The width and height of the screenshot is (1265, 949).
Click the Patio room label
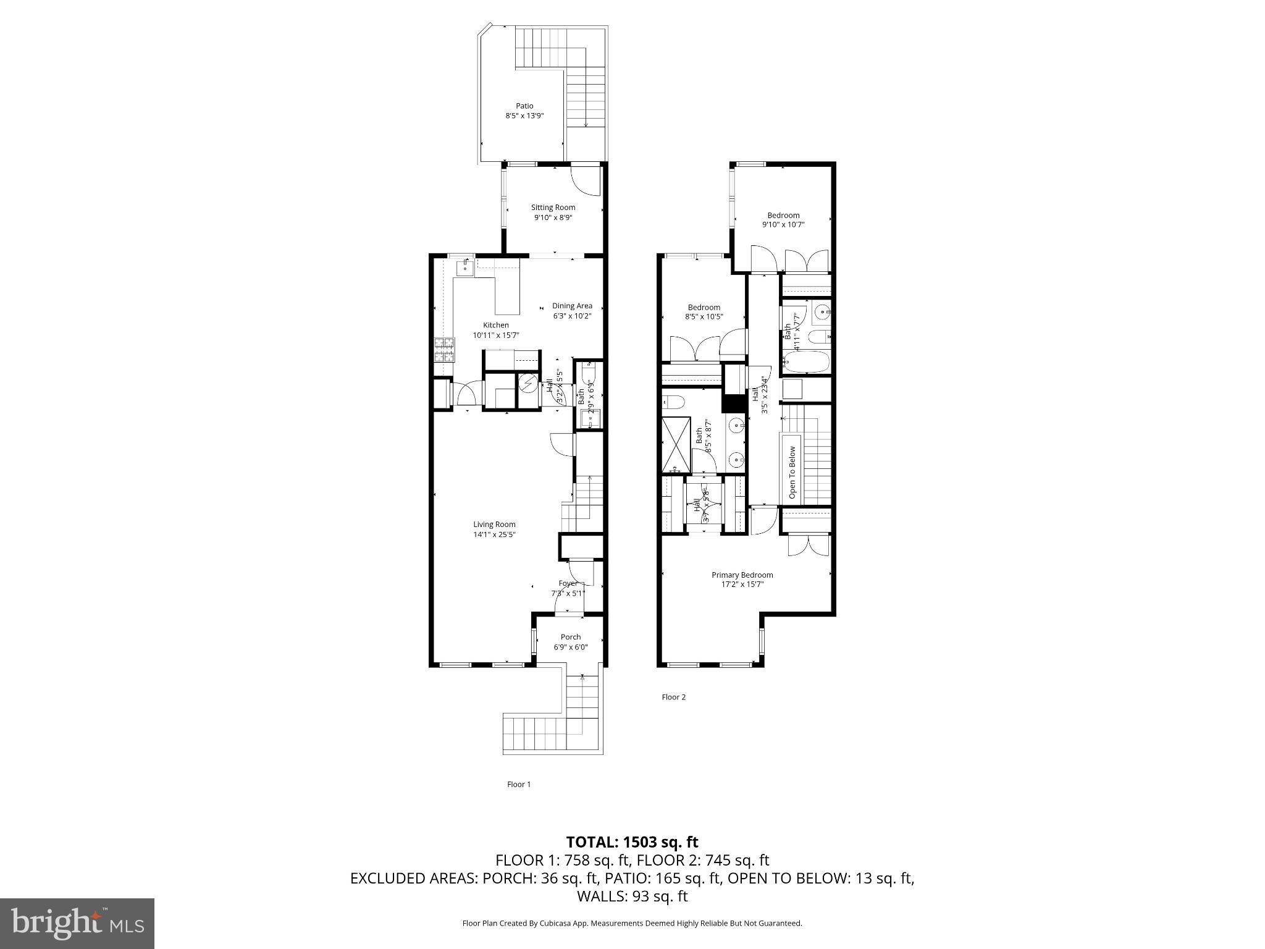click(x=524, y=106)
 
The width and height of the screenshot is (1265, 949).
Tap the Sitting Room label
click(x=553, y=208)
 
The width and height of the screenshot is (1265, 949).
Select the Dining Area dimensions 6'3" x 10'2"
click(x=571, y=316)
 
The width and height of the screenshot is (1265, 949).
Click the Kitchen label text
click(x=496, y=325)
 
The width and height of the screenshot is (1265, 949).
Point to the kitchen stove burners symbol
click(x=444, y=350)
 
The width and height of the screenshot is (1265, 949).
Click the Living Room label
click(x=494, y=525)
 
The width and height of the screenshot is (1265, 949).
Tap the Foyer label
click(x=568, y=583)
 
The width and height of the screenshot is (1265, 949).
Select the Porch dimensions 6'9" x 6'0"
click(x=570, y=647)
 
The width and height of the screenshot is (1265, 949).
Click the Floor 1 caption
click(x=519, y=784)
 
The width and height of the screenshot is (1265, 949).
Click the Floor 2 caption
click(x=673, y=697)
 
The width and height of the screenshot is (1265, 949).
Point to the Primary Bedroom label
click(x=742, y=575)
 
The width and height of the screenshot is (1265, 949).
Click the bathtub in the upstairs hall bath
click(x=805, y=363)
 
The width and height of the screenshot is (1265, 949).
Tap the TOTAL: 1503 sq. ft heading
click(x=632, y=841)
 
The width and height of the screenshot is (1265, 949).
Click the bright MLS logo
click(x=77, y=924)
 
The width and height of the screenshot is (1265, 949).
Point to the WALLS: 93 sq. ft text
click(x=632, y=896)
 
